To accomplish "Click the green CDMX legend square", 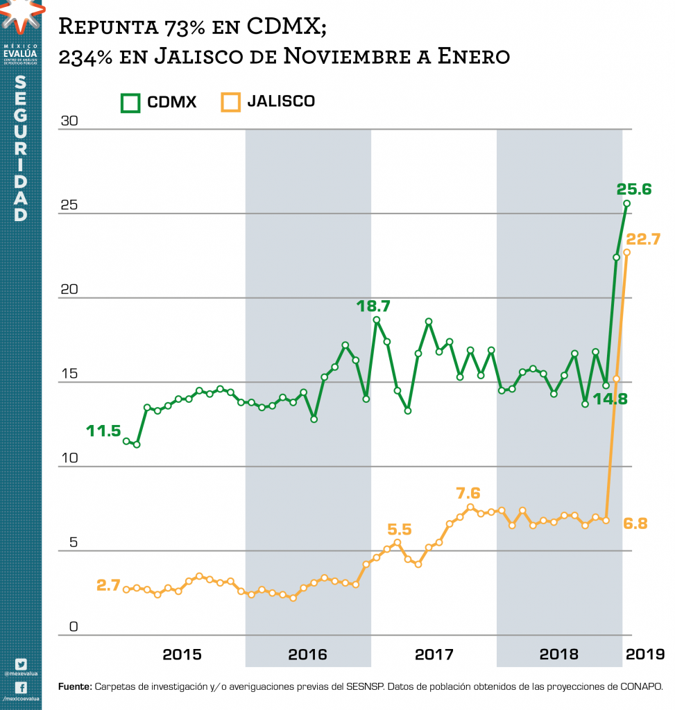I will point(130,103).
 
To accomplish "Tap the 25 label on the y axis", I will point(70,206).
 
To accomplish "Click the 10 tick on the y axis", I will point(70,459).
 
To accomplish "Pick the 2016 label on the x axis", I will point(308,654).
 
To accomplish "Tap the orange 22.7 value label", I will point(643,239).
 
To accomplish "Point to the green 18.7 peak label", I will point(373,305).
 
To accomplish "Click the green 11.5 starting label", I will point(103,431).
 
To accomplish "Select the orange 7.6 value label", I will point(468,493).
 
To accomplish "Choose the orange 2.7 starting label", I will point(110,585).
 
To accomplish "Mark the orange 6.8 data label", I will point(635,523).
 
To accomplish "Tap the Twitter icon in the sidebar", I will point(20,664).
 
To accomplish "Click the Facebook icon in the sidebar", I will point(20,687).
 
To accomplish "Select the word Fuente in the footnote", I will point(74,687).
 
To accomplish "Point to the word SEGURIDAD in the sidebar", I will point(21,149).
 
